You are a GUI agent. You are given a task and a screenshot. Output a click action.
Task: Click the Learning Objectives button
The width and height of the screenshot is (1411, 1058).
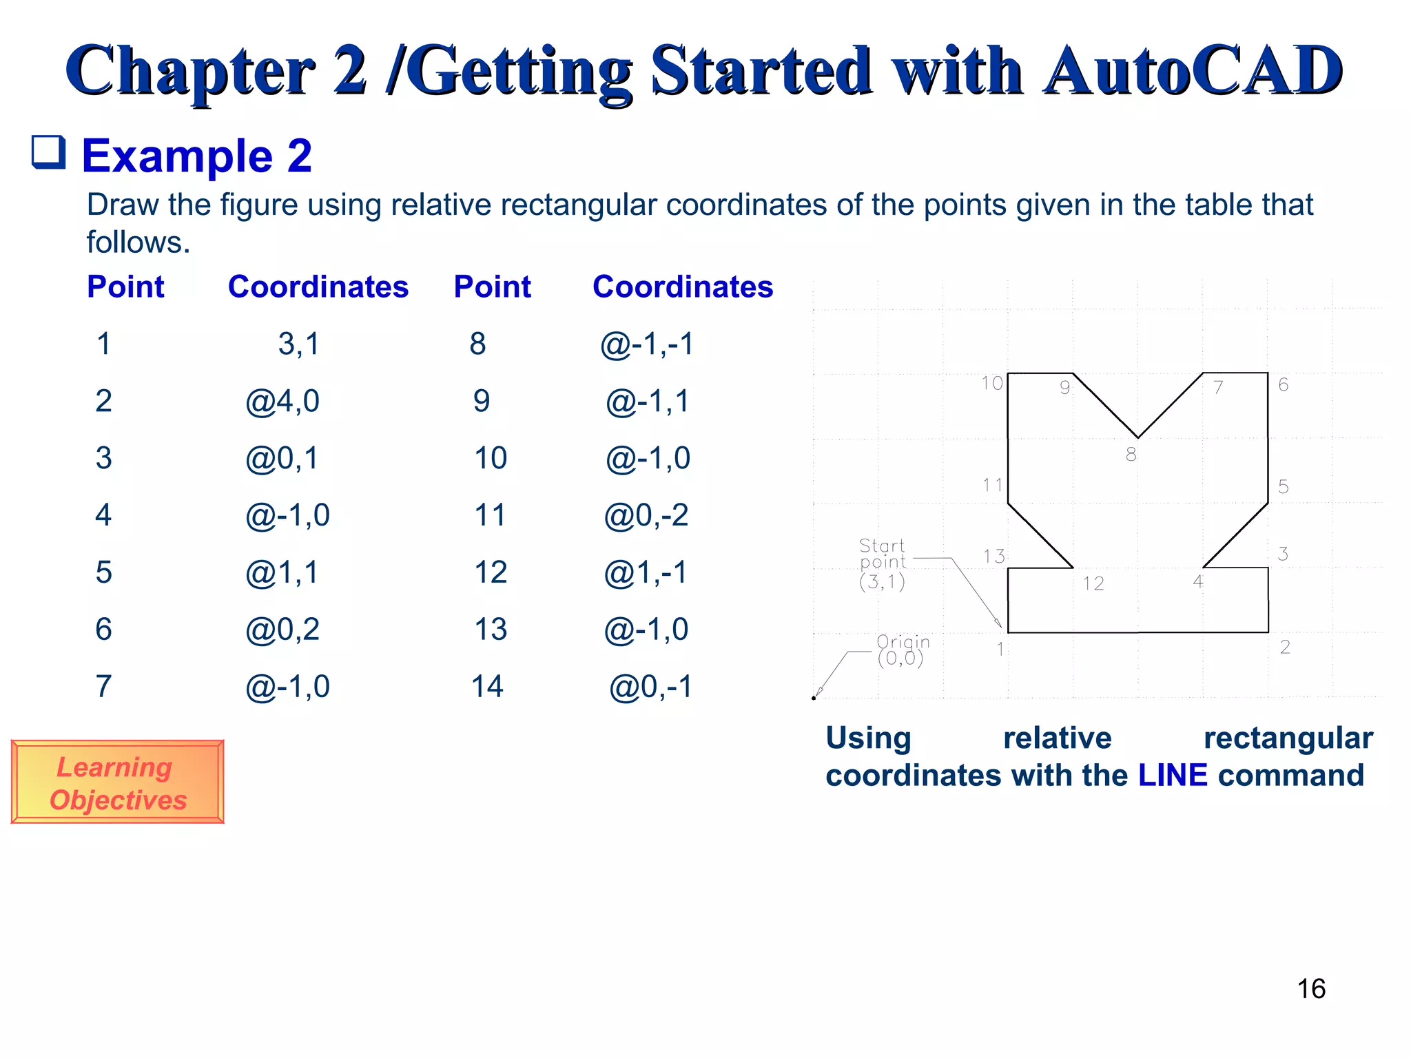[117, 782]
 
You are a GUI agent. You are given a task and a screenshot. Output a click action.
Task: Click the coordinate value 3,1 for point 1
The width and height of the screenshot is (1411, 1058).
[299, 343]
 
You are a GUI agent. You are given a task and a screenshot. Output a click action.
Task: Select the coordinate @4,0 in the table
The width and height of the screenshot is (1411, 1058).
[282, 401]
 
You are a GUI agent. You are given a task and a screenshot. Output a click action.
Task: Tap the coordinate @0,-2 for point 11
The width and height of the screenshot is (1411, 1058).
[646, 515]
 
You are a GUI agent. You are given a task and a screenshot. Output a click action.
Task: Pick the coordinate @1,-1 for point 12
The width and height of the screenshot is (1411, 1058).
[646, 572]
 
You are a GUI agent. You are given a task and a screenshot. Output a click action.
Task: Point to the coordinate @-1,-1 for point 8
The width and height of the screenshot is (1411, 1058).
[646, 344]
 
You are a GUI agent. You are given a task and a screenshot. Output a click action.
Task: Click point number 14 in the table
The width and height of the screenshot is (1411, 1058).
[487, 687]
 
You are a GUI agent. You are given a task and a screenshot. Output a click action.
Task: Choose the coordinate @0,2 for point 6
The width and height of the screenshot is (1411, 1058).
[282, 630]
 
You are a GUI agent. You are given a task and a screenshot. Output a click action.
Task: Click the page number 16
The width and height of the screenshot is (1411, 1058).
[1311, 989]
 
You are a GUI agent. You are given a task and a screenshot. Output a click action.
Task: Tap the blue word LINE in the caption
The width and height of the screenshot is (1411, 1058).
[1173, 776]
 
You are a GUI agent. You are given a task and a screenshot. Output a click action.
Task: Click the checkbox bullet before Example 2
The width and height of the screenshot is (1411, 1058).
[49, 152]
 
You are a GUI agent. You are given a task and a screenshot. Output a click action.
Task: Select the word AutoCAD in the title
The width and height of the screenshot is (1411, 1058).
[1192, 70]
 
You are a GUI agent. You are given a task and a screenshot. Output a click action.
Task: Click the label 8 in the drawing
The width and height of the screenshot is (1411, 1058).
[1131, 455]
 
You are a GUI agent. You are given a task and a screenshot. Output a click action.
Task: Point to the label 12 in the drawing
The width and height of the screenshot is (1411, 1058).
[1093, 584]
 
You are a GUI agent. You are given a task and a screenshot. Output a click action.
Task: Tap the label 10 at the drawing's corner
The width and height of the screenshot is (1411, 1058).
[991, 384]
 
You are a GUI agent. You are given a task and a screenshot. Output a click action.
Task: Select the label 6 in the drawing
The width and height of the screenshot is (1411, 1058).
[1283, 385]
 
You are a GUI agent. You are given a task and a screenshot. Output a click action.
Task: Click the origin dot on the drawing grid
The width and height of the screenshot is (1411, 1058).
[814, 698]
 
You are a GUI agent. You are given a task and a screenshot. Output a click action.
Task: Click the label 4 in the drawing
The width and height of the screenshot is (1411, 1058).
[1198, 582]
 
